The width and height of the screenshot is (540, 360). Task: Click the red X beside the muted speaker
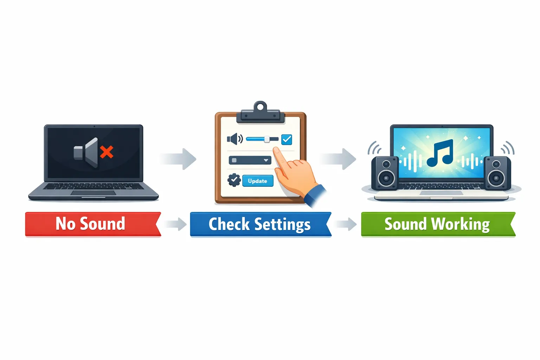pyautogui.click(x=107, y=152)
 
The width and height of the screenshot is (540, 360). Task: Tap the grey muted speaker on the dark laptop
pyautogui.click(x=87, y=153)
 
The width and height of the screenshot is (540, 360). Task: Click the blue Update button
pyautogui.click(x=258, y=181)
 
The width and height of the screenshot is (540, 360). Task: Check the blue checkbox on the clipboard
pyautogui.click(x=287, y=140)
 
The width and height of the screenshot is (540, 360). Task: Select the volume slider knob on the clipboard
pyautogui.click(x=267, y=139)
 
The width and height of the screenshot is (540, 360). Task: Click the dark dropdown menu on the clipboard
pyautogui.click(x=250, y=160)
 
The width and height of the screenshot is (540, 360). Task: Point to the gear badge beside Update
pyautogui.click(x=234, y=180)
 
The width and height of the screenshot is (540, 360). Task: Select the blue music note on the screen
pyautogui.click(x=440, y=153)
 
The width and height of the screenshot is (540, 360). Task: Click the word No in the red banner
pyautogui.click(x=65, y=224)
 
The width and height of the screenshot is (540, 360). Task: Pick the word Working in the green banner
pyautogui.click(x=460, y=224)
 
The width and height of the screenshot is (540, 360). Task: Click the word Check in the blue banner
pyautogui.click(x=229, y=224)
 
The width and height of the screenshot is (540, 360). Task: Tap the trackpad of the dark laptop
pyautogui.click(x=93, y=193)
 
